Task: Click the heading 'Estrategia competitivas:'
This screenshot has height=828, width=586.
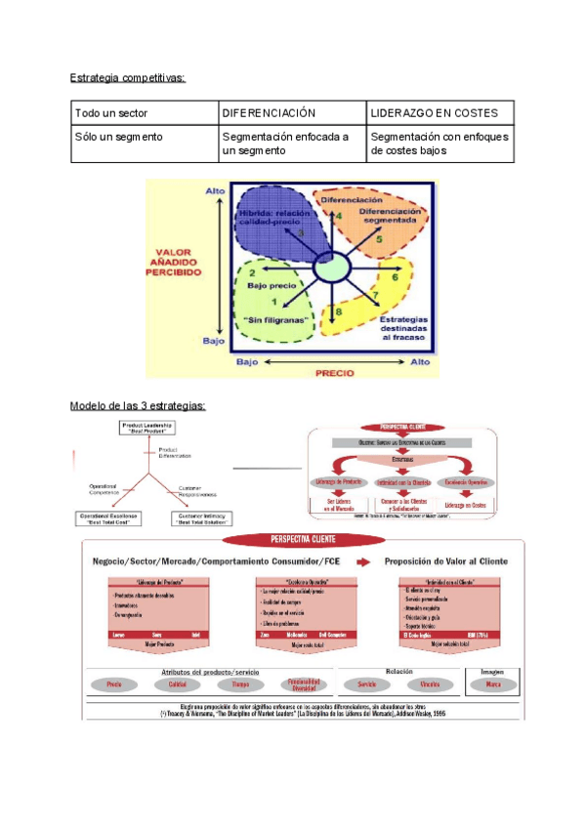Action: pos(128,77)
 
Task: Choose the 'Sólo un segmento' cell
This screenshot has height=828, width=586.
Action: pos(118,138)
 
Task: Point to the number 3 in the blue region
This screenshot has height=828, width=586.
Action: pos(301,234)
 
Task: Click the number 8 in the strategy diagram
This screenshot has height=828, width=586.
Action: pos(339,311)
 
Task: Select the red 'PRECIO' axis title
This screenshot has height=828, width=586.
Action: pos(332,372)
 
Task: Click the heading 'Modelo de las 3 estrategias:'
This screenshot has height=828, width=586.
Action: pos(138,405)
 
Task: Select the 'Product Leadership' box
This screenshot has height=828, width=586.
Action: pos(148,429)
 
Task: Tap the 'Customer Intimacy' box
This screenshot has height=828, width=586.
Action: pos(203,517)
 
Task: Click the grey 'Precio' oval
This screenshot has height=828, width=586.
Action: pos(114,684)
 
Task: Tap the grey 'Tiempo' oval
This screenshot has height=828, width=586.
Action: pos(240,684)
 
